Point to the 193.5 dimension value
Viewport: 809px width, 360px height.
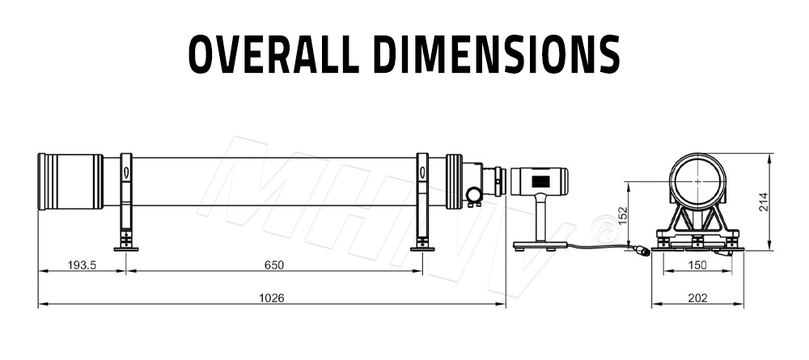(x=82, y=265)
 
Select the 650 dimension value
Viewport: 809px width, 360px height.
(x=273, y=265)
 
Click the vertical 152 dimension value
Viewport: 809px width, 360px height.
(x=622, y=214)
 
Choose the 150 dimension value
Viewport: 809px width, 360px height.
(x=697, y=265)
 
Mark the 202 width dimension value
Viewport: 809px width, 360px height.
(x=697, y=298)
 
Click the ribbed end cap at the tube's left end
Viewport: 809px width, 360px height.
(x=70, y=182)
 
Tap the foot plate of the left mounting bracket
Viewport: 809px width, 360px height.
(x=125, y=248)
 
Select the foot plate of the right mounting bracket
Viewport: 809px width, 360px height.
(x=421, y=248)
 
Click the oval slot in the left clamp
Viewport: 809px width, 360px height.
(x=125, y=172)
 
